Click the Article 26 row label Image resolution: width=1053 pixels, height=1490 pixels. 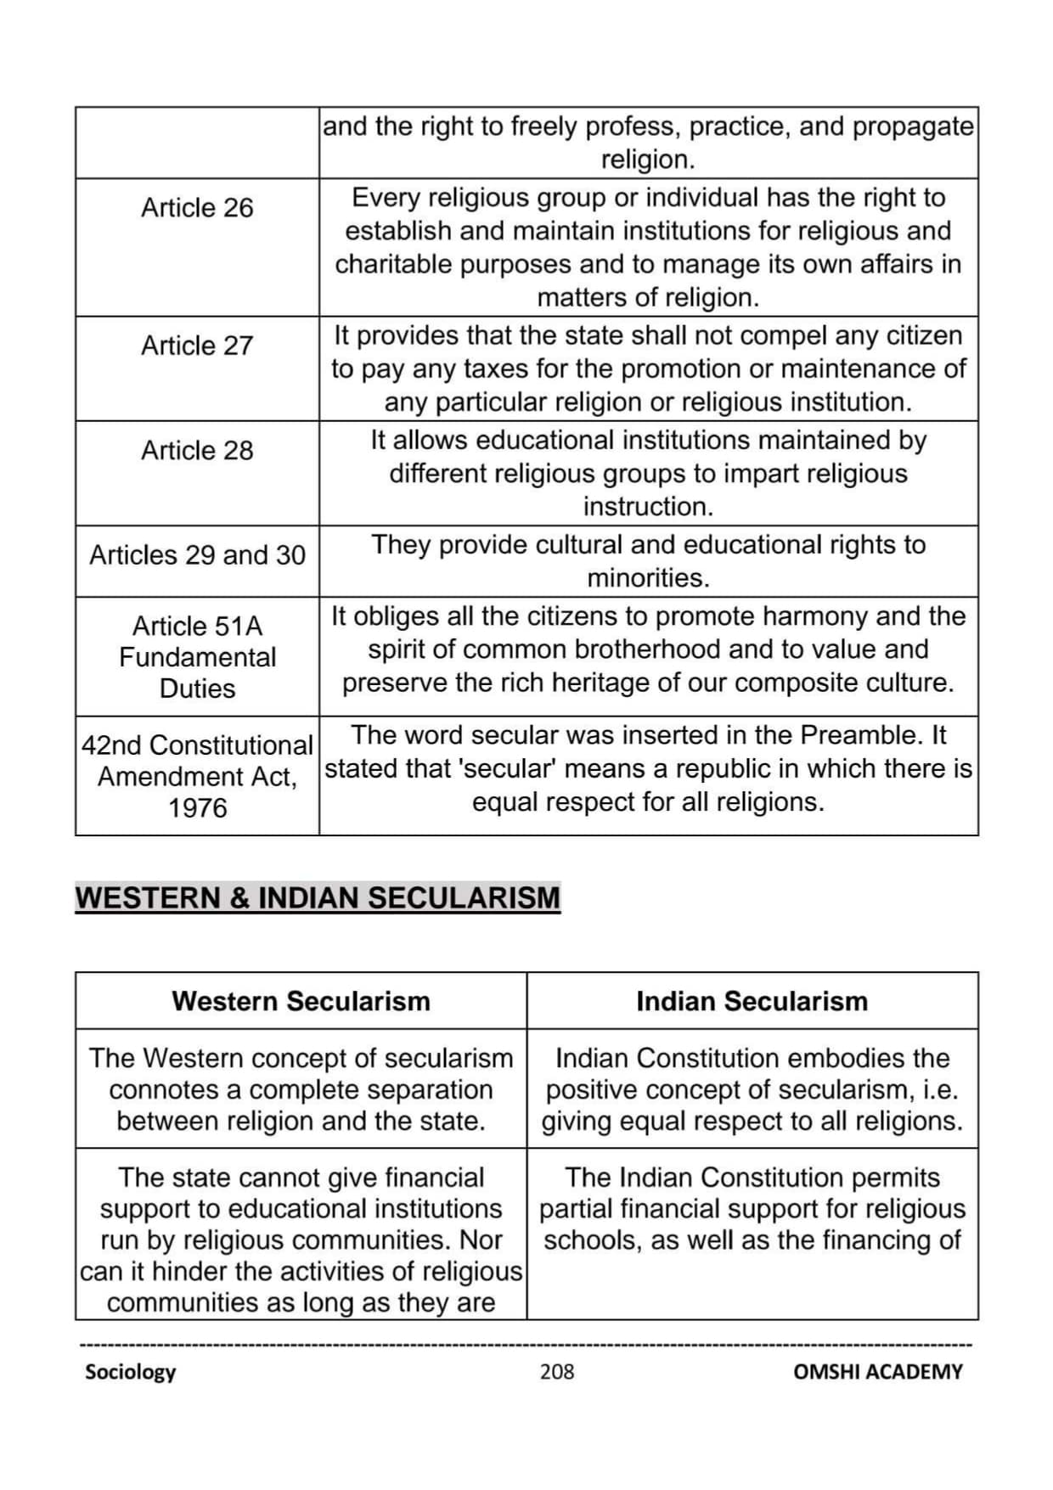[197, 208]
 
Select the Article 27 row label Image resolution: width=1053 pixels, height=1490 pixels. [197, 346]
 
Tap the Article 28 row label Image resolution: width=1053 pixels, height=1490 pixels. [197, 451]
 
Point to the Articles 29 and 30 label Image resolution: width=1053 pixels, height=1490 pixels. [197, 555]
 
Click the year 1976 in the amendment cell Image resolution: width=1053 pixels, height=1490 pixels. [197, 808]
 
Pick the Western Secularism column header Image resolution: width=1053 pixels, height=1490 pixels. [301, 1002]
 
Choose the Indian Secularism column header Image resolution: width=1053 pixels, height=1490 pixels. [752, 1002]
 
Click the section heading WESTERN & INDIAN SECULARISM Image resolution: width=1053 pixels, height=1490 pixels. [318, 898]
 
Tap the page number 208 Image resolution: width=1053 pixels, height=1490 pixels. [557, 1372]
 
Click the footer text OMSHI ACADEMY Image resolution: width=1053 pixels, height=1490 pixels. [878, 1372]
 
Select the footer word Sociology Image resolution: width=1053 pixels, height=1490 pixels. [130, 1372]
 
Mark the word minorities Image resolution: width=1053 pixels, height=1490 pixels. [648, 579]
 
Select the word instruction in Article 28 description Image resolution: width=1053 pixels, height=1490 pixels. [648, 507]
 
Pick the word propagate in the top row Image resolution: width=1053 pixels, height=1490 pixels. [913, 127]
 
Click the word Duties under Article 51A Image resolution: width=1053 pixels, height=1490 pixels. [197, 689]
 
